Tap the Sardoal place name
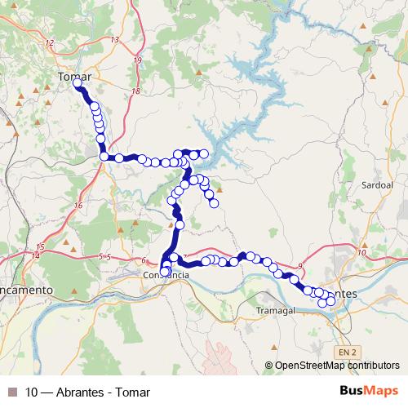pyautogui.click(x=377, y=185)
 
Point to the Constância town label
pyautogui.click(x=166, y=276)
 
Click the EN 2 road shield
pyautogui.click(x=347, y=352)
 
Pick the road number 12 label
pyautogui.click(x=51, y=42)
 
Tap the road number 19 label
pyautogui.click(x=138, y=60)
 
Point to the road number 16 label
pyautogui.click(x=78, y=205)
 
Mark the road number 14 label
pyautogui.click(x=36, y=256)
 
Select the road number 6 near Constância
pyautogui.click(x=144, y=260)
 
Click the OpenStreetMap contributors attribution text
pyautogui.click(x=336, y=366)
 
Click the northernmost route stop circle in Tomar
pyautogui.click(x=78, y=83)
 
